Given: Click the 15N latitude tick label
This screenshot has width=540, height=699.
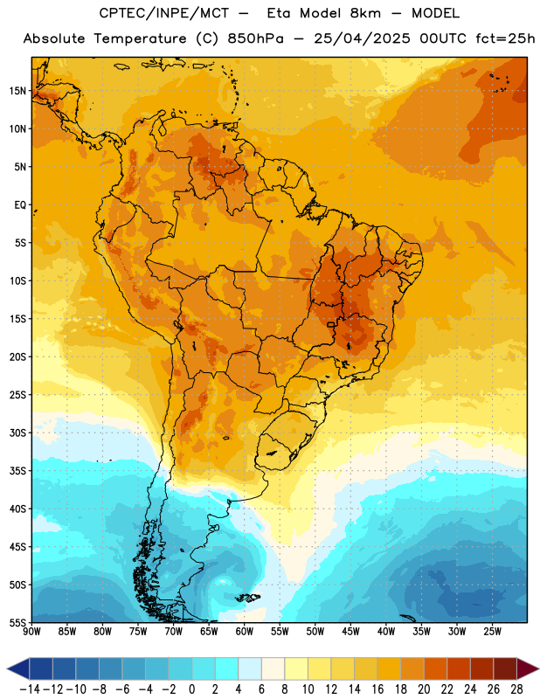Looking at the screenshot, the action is [17, 91].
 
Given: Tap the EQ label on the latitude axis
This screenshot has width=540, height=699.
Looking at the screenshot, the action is [20, 205].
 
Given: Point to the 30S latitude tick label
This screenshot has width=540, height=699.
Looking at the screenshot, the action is [17, 433].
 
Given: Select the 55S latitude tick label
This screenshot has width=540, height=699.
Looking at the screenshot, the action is [17, 623].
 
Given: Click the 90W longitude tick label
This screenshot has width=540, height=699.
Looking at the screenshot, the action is [31, 632].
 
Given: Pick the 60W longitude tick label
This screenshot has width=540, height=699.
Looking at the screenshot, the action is [245, 632].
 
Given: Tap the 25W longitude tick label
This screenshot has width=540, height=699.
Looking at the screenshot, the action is [492, 632].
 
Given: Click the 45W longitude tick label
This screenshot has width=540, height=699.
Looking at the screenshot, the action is [350, 632].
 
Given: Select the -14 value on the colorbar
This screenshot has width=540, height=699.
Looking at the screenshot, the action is [30, 689].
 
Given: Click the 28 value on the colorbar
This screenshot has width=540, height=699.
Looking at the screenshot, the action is [516, 689].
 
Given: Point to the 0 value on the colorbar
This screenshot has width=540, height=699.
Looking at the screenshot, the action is [191, 689].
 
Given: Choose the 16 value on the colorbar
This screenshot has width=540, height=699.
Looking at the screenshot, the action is [377, 689].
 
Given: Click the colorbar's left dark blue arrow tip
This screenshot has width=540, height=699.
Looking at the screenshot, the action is [7, 668].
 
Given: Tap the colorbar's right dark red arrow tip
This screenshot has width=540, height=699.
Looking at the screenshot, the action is [538, 668].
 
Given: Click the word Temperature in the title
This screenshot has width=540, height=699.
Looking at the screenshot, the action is [140, 38].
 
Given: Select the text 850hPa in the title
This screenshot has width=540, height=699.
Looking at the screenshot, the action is [255, 38].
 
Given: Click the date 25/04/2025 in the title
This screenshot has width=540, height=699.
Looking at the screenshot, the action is [362, 38].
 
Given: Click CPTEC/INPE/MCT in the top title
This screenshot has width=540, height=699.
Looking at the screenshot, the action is [164, 13].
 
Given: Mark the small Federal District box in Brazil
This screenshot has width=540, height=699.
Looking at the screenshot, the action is [330, 324].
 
